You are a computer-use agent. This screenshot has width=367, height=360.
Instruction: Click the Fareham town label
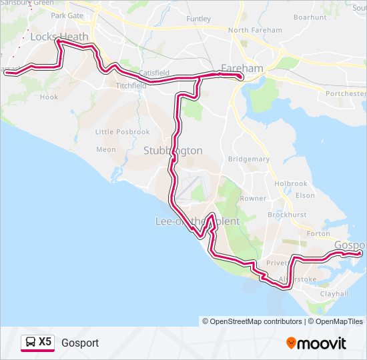click(242, 68)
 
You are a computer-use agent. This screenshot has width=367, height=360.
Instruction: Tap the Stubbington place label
click(173, 151)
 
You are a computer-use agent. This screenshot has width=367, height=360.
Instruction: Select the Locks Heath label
click(59, 37)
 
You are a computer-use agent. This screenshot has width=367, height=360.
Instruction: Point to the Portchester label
click(346, 94)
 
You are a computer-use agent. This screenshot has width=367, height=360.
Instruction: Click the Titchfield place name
click(131, 86)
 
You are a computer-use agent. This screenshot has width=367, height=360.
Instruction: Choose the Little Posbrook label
click(123, 132)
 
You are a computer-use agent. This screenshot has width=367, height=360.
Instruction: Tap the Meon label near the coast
click(106, 150)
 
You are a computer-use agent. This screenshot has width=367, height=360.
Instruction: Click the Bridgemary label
click(249, 159)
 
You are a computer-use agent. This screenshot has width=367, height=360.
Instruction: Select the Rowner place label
click(253, 198)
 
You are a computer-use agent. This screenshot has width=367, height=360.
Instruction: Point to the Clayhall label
click(334, 293)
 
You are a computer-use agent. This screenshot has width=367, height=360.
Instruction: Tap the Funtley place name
click(198, 19)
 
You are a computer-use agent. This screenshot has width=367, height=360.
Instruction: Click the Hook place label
click(49, 97)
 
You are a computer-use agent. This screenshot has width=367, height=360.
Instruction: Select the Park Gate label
click(67, 15)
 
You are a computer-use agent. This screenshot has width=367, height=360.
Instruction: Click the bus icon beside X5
click(30, 342)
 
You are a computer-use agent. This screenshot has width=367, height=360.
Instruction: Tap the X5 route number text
click(45, 342)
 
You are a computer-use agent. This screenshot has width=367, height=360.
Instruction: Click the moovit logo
click(316, 343)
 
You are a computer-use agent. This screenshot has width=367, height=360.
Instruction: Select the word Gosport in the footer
click(80, 343)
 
